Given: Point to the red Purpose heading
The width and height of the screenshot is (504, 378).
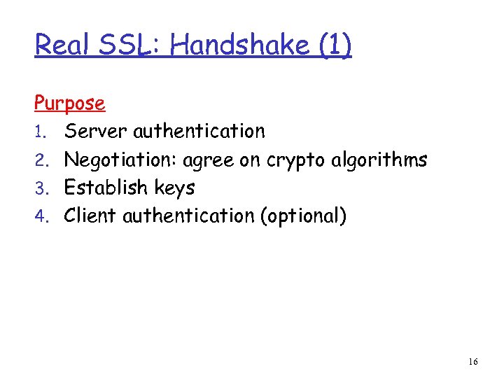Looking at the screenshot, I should click(70, 104).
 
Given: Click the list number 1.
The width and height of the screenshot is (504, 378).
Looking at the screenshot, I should click(41, 132).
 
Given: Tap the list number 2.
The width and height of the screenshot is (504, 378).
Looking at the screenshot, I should click(41, 160).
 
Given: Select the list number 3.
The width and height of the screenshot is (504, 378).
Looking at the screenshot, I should click(41, 188).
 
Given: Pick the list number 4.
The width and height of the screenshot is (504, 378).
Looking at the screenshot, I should click(41, 216).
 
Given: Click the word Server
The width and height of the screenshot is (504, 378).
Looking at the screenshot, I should click(96, 132).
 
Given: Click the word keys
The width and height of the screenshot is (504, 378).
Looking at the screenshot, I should click(172, 189).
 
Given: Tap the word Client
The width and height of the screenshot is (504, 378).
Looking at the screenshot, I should click(90, 216).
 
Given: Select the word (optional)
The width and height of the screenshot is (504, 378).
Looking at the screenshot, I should click(303, 216).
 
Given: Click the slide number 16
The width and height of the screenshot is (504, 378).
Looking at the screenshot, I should click(473, 362).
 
